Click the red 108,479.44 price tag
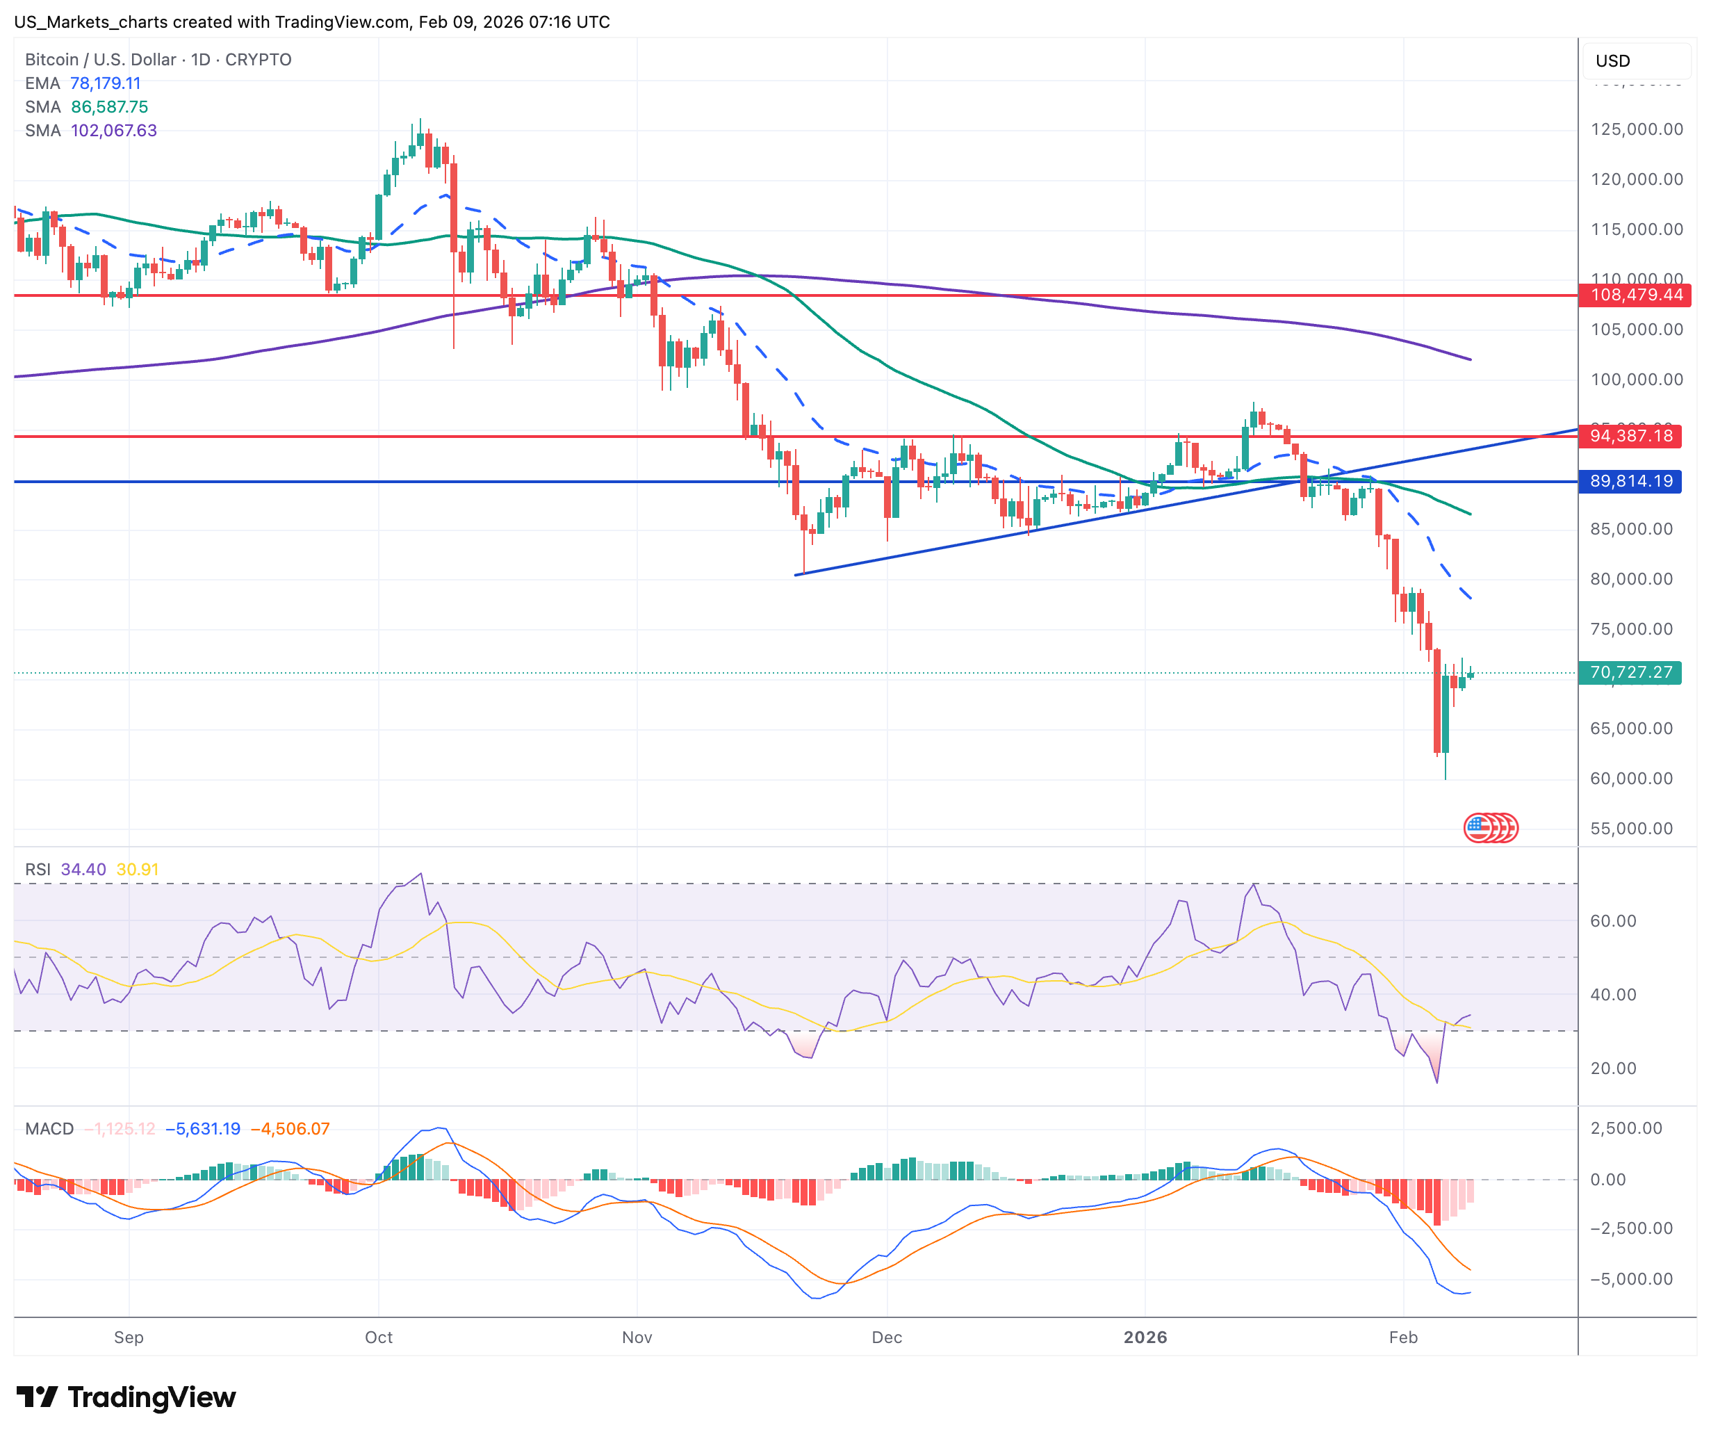point(1635,295)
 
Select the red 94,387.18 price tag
point(1631,436)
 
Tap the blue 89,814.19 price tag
point(1631,481)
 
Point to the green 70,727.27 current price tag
point(1631,672)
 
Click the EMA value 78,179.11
point(105,83)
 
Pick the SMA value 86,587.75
point(109,107)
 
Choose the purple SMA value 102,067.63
point(113,131)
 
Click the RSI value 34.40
point(83,870)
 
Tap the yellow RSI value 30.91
point(137,870)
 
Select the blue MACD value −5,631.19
point(203,1129)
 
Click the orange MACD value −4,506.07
point(290,1129)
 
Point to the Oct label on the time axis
point(379,1337)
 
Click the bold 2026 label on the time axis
point(1145,1337)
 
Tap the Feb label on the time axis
point(1402,1337)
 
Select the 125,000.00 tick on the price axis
point(1636,129)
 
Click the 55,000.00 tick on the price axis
point(1631,828)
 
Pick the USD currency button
point(1613,60)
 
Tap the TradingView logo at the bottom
point(126,1397)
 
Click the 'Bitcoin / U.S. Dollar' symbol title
point(100,60)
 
